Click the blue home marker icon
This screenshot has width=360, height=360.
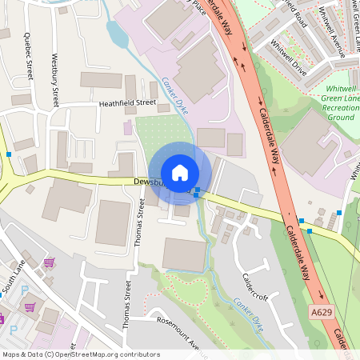click(x=180, y=173)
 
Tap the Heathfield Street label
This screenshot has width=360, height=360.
click(x=126, y=103)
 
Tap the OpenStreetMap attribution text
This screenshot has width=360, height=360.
click(x=80, y=354)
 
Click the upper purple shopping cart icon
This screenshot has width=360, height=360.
click(x=48, y=262)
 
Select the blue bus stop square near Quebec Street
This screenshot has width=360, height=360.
click(x=8, y=153)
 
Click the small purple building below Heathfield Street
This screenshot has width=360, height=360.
click(x=128, y=126)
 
